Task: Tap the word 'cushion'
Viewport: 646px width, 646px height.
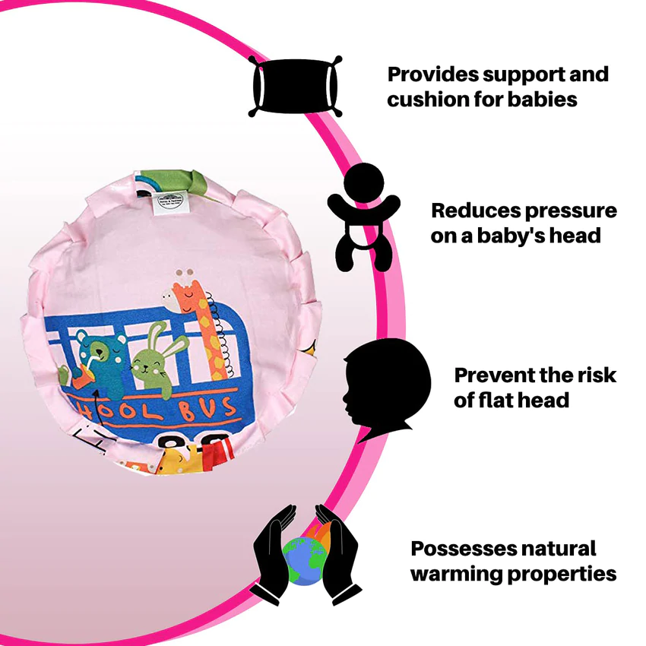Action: (427, 100)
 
